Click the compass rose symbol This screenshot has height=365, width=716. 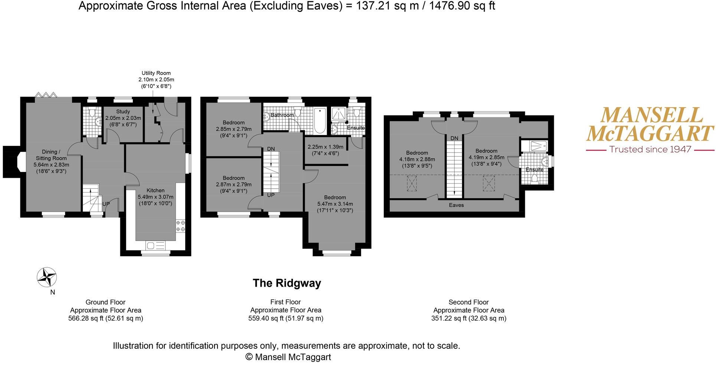point(47,277)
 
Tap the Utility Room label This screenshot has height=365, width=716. point(156,73)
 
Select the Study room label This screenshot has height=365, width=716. point(123,111)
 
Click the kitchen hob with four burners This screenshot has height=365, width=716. point(181,226)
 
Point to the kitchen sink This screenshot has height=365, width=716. point(156,245)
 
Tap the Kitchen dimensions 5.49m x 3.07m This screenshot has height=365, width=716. point(156,197)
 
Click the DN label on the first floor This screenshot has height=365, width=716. point(271,149)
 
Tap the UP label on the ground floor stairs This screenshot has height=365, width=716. point(106,204)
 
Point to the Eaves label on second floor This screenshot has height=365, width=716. point(456,205)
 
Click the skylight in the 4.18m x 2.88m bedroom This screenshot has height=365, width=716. point(412,183)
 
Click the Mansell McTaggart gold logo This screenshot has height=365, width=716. point(650,124)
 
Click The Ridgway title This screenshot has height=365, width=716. point(287,283)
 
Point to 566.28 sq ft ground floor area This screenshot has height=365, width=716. point(105,318)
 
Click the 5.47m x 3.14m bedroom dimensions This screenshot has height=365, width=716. point(335,204)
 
